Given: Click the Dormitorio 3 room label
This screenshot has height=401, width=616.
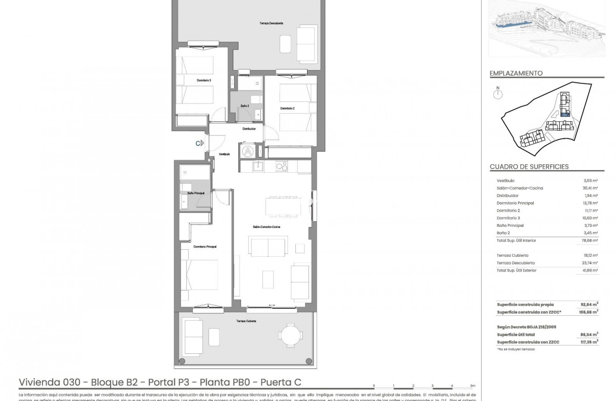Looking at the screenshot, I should coord(204,80).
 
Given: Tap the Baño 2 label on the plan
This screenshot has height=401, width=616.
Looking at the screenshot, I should coord(245,106).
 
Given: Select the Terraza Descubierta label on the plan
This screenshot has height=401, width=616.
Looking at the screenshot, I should coord(271,23).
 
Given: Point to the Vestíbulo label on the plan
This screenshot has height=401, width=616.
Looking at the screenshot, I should coord(224,154).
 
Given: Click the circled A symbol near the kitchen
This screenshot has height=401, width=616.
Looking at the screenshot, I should coord(248,151).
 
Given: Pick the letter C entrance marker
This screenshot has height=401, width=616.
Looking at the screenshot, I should coord(198,144).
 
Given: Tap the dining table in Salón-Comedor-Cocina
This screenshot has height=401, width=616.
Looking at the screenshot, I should coord(283,205).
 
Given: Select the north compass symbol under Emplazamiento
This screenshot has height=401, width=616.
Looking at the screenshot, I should coord(498,94).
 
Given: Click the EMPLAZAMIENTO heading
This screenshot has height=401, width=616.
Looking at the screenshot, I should coord(516,73).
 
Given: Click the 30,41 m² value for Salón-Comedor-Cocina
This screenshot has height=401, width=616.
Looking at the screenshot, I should coord(590,188).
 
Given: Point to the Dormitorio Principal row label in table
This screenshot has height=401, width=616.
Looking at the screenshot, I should coord(515,203).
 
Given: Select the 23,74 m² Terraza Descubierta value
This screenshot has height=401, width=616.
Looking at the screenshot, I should coord(590,263).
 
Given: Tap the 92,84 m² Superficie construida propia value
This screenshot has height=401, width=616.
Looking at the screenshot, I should coord(589,304).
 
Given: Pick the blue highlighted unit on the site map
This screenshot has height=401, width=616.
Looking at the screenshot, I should coord(565,113).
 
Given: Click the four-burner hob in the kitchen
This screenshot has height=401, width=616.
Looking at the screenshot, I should coord(282,166).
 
